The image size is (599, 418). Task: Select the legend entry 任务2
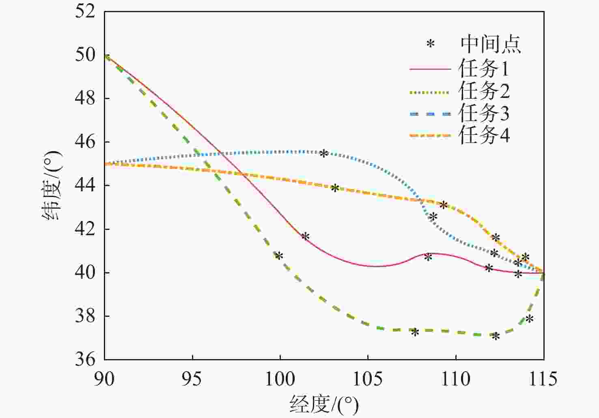pos(483,91)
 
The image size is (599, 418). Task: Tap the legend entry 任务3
pos(483,113)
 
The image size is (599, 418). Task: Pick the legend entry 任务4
pos(483,135)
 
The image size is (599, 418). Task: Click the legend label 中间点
pos(490,44)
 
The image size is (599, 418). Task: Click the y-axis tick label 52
pos(85,11)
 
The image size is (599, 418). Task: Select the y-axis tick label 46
pos(85,142)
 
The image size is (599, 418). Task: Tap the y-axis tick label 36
pos(85,359)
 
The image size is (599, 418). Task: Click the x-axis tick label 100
pos(280,379)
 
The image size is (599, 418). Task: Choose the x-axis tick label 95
pos(192,379)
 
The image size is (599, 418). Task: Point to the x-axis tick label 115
pos(543,379)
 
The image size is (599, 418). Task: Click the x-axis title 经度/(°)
pos(324,405)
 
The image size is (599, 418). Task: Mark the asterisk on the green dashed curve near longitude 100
pos(279,256)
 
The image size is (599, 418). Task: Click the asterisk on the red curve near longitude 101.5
pos(306,237)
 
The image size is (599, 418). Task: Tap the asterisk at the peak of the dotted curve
pos(323,154)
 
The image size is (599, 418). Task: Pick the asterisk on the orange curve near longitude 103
pos(335,188)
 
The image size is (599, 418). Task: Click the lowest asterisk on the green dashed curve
pos(496,337)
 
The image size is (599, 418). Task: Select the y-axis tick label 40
pos(85,272)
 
